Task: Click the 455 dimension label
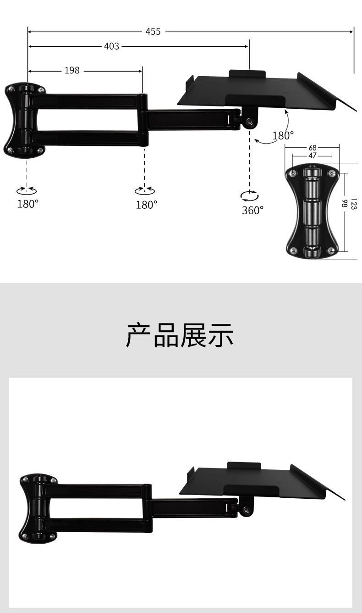[x=153, y=32]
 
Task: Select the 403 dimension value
[x=111, y=46]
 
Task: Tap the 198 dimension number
[x=72, y=71]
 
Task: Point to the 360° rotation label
[x=253, y=210]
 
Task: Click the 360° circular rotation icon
[x=249, y=196]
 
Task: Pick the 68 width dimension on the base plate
[x=313, y=148]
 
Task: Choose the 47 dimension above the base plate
[x=313, y=156]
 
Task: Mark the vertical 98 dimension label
[x=345, y=203]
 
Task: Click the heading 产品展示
[x=180, y=335]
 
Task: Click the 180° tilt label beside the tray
[x=283, y=135]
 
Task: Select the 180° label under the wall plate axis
[x=28, y=204]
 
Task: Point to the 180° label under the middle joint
[x=147, y=205]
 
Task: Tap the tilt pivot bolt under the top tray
[x=249, y=122]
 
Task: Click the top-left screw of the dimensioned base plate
[x=293, y=173]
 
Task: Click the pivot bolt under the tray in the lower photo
[x=246, y=510]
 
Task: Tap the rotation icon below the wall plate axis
[x=27, y=190]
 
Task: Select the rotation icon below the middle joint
[x=145, y=190]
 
